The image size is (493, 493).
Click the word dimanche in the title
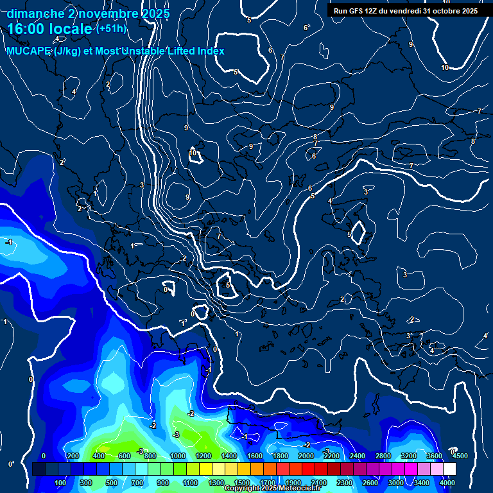(35, 13)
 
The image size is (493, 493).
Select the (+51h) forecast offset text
(112, 29)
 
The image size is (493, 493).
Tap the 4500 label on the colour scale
(460, 456)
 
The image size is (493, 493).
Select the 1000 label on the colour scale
(178, 456)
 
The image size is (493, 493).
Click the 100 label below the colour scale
(60, 483)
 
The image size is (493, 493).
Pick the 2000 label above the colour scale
(306, 456)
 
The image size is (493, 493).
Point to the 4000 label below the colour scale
(447, 483)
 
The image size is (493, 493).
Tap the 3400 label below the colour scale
(421, 483)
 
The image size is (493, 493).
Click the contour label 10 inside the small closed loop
(193, 153)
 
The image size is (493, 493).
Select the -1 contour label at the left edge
(8, 242)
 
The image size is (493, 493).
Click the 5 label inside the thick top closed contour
(236, 72)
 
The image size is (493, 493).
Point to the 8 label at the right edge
(473, 141)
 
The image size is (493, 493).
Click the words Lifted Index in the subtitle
(196, 51)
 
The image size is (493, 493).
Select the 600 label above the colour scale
(125, 456)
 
